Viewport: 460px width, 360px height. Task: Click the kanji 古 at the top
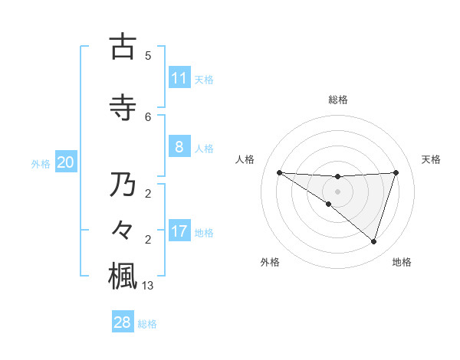click(x=123, y=47)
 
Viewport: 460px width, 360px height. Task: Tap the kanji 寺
click(x=123, y=108)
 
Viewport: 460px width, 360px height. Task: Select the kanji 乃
click(x=123, y=185)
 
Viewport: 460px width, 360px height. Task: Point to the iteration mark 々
click(x=123, y=228)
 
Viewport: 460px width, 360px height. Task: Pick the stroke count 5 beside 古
click(x=148, y=56)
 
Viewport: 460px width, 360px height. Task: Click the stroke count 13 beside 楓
click(x=149, y=286)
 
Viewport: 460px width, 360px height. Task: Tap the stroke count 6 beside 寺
click(x=148, y=117)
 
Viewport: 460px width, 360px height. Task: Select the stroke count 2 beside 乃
click(x=148, y=194)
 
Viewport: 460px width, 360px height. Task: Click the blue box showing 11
click(x=179, y=78)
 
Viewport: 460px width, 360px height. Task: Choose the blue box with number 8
click(x=179, y=147)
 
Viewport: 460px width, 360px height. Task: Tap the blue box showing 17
click(x=179, y=231)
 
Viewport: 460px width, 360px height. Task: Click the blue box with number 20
click(x=66, y=162)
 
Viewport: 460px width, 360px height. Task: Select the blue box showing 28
click(x=123, y=322)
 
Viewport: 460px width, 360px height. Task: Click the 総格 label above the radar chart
click(x=337, y=100)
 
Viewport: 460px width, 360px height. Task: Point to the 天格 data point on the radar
click(x=396, y=172)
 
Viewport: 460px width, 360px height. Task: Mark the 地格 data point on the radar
click(x=373, y=241)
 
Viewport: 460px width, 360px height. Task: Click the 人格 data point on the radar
click(x=279, y=172)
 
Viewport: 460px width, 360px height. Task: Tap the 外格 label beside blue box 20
click(x=41, y=163)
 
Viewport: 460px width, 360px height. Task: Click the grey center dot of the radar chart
click(x=337, y=191)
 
